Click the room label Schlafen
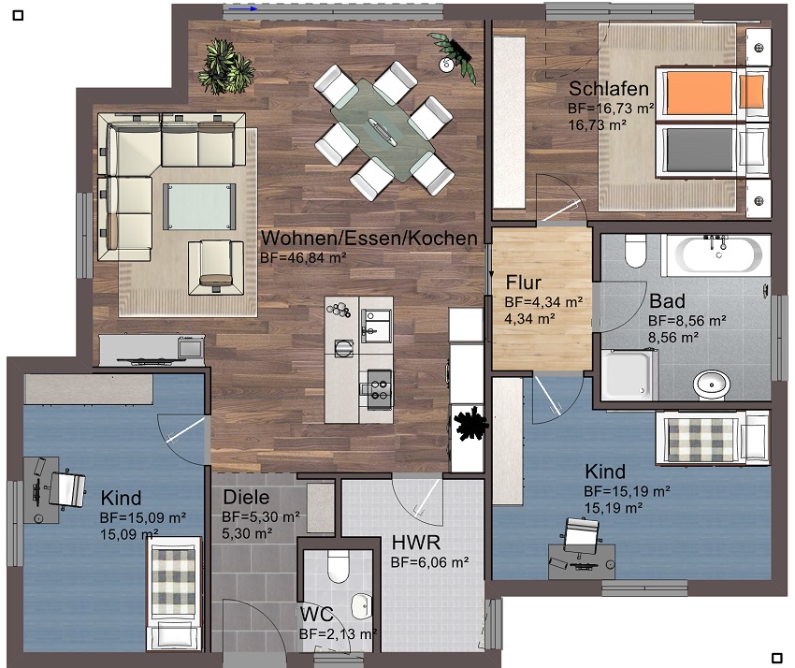(609, 90)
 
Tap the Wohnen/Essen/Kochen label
(369, 239)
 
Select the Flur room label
(526, 283)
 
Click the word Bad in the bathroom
(667, 301)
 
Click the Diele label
(246, 498)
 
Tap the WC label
(315, 615)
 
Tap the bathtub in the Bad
(715, 255)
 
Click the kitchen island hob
(379, 384)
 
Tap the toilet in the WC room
(339, 564)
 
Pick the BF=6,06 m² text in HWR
(429, 562)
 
